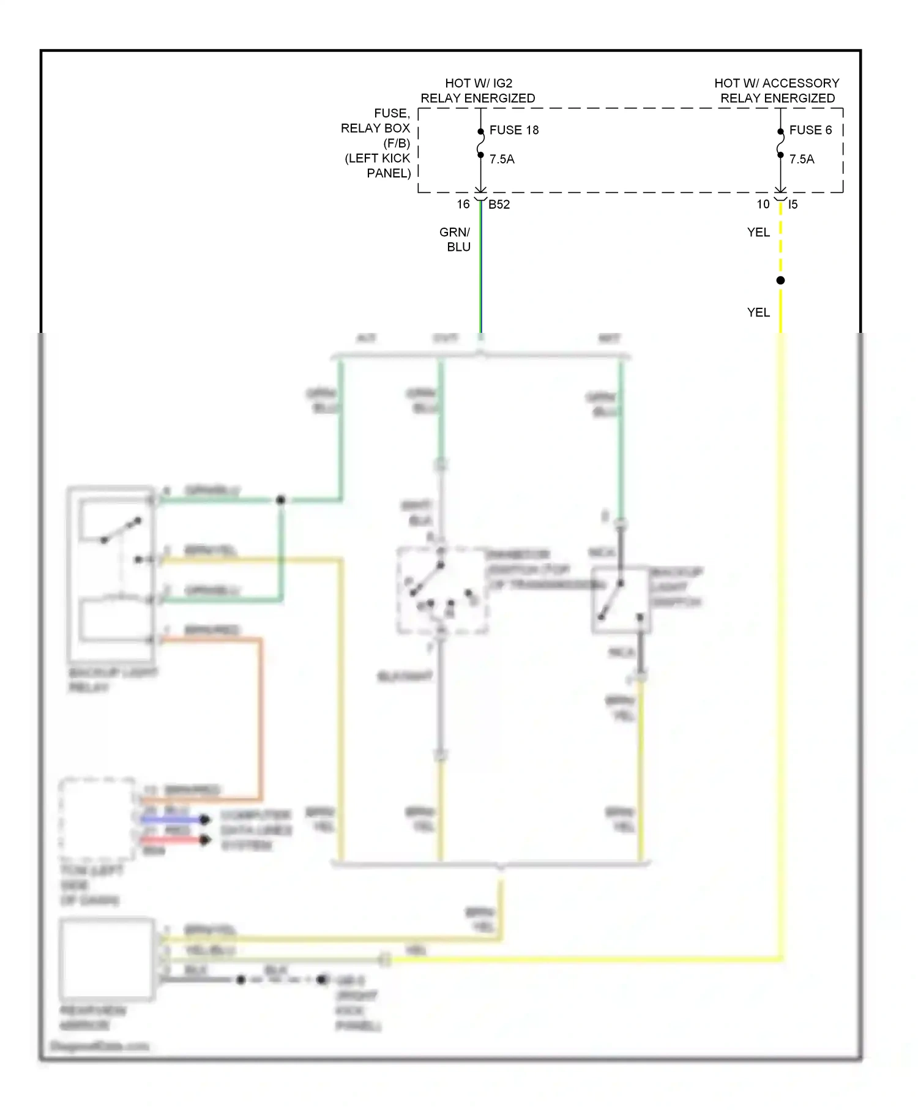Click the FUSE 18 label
[x=513, y=130]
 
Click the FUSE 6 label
[x=810, y=130]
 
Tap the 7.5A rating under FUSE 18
[x=502, y=159]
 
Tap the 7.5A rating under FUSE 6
[x=802, y=159]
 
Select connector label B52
[x=499, y=204]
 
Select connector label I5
[x=793, y=204]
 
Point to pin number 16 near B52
[x=463, y=204]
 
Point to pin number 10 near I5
[x=763, y=204]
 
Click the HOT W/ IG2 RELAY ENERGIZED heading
[x=478, y=91]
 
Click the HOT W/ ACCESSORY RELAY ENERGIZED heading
[x=777, y=91]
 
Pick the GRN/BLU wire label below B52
[x=455, y=239]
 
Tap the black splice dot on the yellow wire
[x=780, y=280]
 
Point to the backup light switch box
[x=621, y=600]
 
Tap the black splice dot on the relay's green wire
[x=281, y=500]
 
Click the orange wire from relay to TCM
[x=261, y=716]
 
